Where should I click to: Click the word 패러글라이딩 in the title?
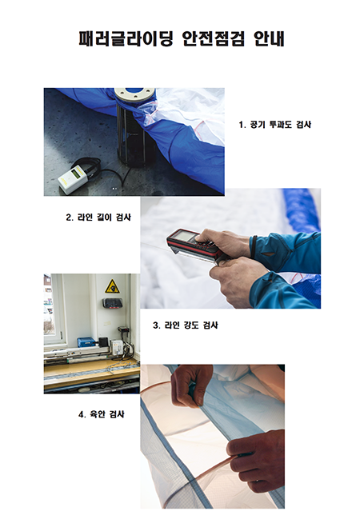tap(126, 38)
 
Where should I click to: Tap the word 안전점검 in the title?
tap(214, 38)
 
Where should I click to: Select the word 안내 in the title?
tap(269, 38)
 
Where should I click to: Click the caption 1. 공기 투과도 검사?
tap(275, 125)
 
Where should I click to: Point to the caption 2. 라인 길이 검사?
tap(98, 218)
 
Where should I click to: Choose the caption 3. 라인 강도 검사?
tap(186, 325)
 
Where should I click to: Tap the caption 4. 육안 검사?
tap(102, 414)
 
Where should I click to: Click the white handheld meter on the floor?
tap(73, 179)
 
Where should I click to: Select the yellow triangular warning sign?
tap(112, 287)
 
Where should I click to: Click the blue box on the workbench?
tap(87, 342)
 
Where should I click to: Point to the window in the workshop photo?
tap(53, 309)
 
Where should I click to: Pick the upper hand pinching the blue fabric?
tap(191, 385)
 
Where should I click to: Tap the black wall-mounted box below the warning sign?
tap(112, 303)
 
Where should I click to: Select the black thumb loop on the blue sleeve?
tap(254, 247)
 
